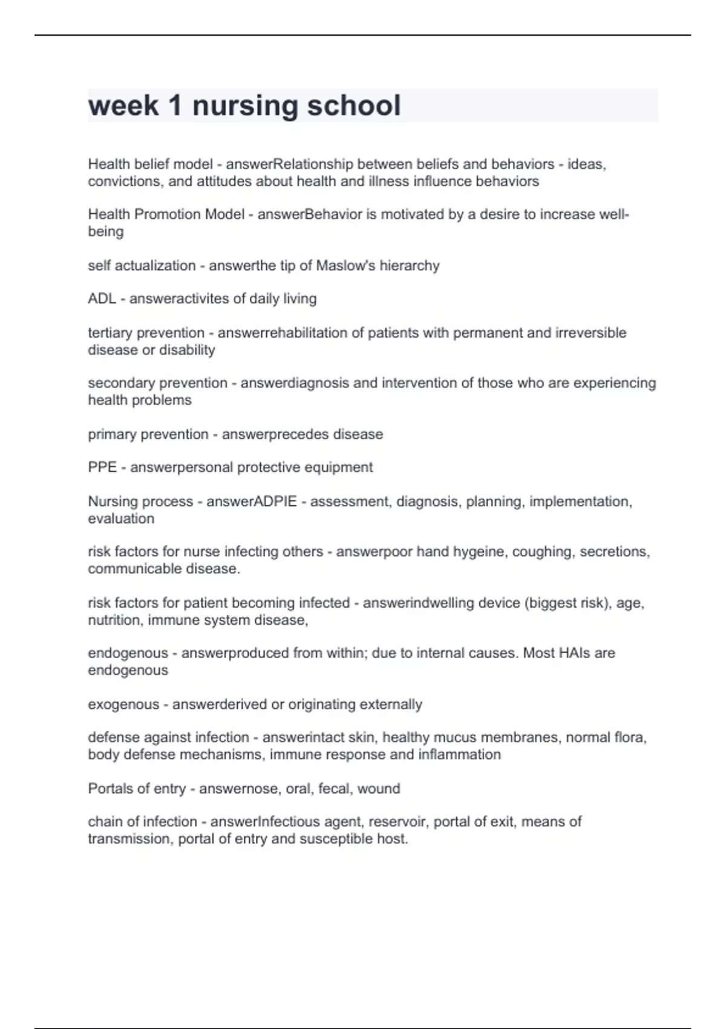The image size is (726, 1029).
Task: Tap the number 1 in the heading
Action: [175, 105]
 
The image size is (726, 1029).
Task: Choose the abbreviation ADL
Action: [102, 298]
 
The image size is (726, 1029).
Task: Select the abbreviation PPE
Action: [102, 467]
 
